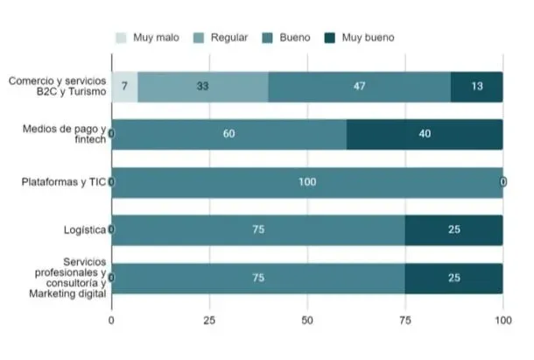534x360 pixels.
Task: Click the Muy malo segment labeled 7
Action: pos(124,87)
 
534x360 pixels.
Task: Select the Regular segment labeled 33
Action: pos(202,87)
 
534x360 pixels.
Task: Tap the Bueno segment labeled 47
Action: pos(359,87)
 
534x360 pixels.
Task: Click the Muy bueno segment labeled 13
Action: pos(476,87)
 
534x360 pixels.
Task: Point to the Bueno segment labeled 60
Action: pos(228,134)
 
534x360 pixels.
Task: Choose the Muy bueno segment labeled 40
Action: pos(425,134)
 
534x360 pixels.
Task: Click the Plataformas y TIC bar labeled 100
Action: pos(306,182)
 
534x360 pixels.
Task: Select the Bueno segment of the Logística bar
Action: pos(257,229)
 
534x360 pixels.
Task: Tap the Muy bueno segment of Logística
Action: pos(453,229)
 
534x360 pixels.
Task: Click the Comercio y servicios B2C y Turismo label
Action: pos(57,86)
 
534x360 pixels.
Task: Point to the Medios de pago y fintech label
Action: pos(63,134)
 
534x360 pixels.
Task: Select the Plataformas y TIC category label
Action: pos(64,182)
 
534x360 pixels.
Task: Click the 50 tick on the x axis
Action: pos(306,321)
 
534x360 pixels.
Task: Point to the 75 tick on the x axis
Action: pos(404,321)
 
